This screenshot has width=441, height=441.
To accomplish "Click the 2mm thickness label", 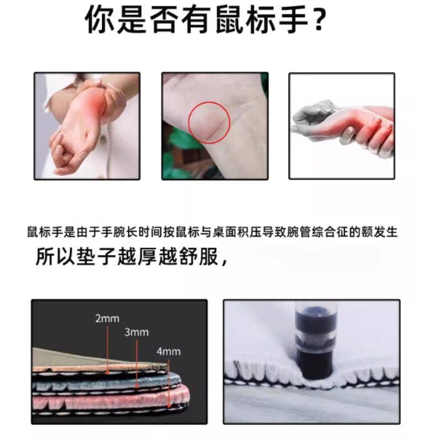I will click(107, 319).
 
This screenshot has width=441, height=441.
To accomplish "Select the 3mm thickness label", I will click(136, 332).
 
